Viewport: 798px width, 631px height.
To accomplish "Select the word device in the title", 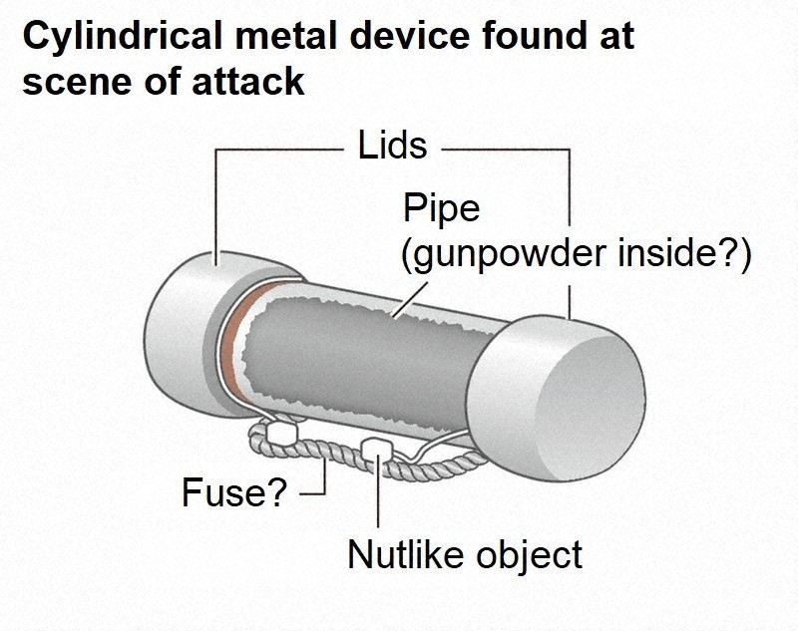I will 391,37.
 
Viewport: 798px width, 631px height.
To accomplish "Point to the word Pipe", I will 441,208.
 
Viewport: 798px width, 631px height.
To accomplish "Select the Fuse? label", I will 233,491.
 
